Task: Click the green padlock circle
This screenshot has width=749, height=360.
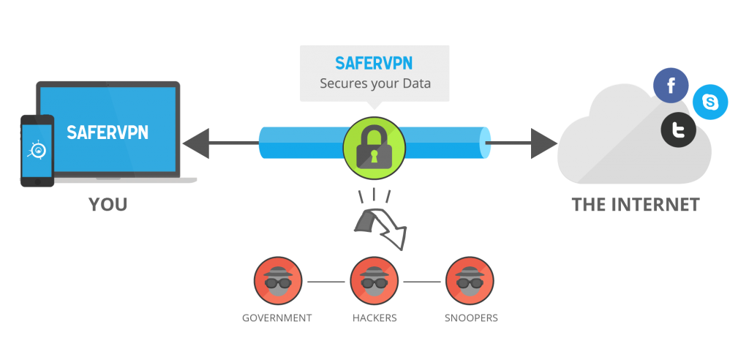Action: coord(374,142)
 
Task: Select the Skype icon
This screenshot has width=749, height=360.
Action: coord(710,102)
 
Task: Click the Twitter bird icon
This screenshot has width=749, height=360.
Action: coord(679,130)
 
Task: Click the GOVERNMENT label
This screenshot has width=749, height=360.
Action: coord(277,318)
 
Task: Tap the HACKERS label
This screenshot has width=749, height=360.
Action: coord(374,318)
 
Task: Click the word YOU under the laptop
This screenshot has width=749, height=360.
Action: coord(108,205)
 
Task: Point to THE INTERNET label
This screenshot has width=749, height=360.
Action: coord(636,204)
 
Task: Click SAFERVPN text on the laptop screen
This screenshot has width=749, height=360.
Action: coord(108,132)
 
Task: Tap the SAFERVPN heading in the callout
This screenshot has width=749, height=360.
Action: coord(374,63)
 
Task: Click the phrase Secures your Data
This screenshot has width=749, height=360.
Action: coord(374,83)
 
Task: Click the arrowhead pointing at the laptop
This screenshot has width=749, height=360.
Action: coord(195,143)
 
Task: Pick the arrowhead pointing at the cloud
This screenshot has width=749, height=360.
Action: coord(544,143)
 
